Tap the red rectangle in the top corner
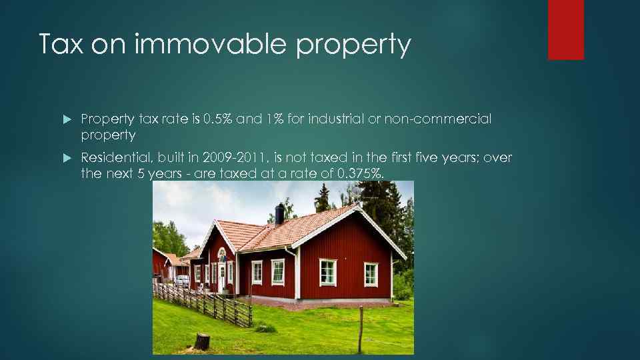[565, 30]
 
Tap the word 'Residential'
[115, 157]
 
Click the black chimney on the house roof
[280, 213]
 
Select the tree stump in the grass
[202, 342]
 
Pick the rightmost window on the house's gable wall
[371, 274]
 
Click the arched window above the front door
[222, 255]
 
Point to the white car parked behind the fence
[181, 281]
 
